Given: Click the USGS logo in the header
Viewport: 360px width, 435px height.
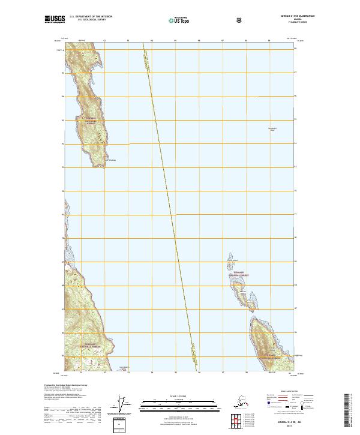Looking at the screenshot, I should [54, 20].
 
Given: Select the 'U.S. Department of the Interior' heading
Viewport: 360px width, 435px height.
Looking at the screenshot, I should [91, 17].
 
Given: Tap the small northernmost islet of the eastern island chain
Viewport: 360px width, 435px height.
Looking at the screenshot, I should [231, 254].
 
